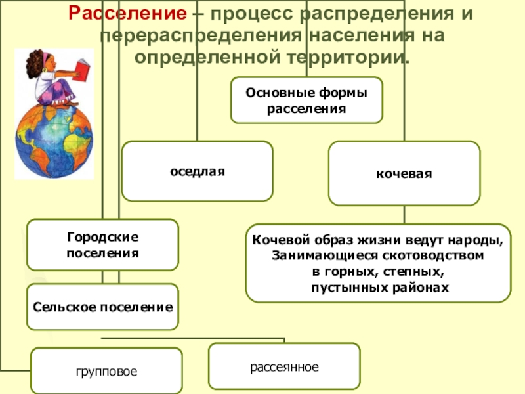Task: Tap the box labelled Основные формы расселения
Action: pos(306,100)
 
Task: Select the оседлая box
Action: pos(197,171)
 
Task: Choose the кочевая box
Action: pos(404,174)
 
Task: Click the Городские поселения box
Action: pos(102,244)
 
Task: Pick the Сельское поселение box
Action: pos(102,307)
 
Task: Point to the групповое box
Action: pos(106,371)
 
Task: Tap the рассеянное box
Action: pos(283,366)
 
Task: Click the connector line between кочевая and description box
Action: pos(404,214)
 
